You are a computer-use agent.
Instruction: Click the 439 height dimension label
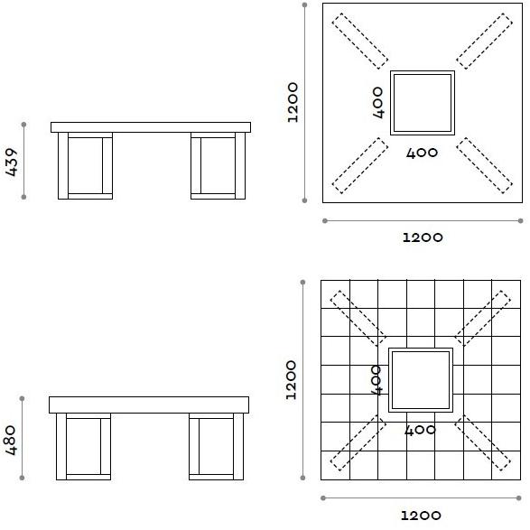click(12, 161)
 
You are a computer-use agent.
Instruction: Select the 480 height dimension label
click(12, 440)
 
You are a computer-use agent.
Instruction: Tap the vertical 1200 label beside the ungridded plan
click(293, 103)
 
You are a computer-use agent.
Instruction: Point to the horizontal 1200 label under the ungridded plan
click(422, 237)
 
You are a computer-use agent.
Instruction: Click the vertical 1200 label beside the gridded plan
click(291, 380)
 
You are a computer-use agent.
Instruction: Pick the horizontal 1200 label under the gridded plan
click(421, 516)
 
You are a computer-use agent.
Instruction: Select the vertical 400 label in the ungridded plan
click(379, 102)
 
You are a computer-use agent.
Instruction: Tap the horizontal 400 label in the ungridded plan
click(422, 153)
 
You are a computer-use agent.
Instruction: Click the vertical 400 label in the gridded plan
click(377, 380)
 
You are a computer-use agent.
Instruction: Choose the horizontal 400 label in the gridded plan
click(421, 431)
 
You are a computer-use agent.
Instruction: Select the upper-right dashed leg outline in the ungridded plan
click(485, 41)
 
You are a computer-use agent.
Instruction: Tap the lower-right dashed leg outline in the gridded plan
click(482, 442)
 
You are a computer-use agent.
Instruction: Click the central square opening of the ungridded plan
click(422, 103)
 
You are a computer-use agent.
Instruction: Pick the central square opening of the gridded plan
click(421, 380)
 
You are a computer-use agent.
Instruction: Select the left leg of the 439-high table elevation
click(85, 165)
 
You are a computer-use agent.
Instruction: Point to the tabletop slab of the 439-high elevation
click(151, 127)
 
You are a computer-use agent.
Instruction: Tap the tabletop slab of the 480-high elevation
click(149, 404)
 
